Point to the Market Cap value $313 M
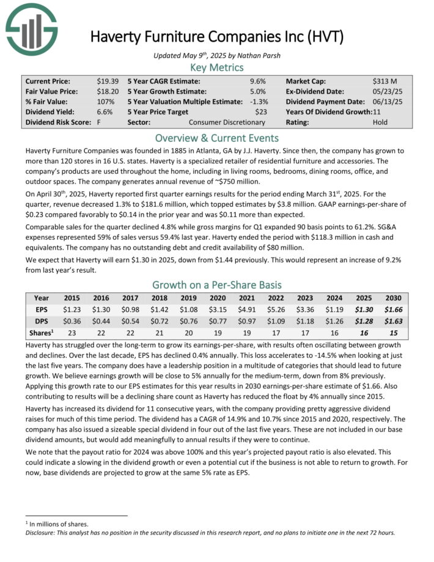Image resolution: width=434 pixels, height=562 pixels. (x=384, y=81)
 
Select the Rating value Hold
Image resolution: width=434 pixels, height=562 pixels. (x=380, y=122)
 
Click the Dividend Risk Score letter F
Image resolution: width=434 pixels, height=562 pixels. (x=99, y=122)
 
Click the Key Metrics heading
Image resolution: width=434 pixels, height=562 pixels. (x=216, y=67)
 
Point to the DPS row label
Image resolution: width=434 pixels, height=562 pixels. (x=42, y=321)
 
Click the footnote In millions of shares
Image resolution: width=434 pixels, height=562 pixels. (x=56, y=524)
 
